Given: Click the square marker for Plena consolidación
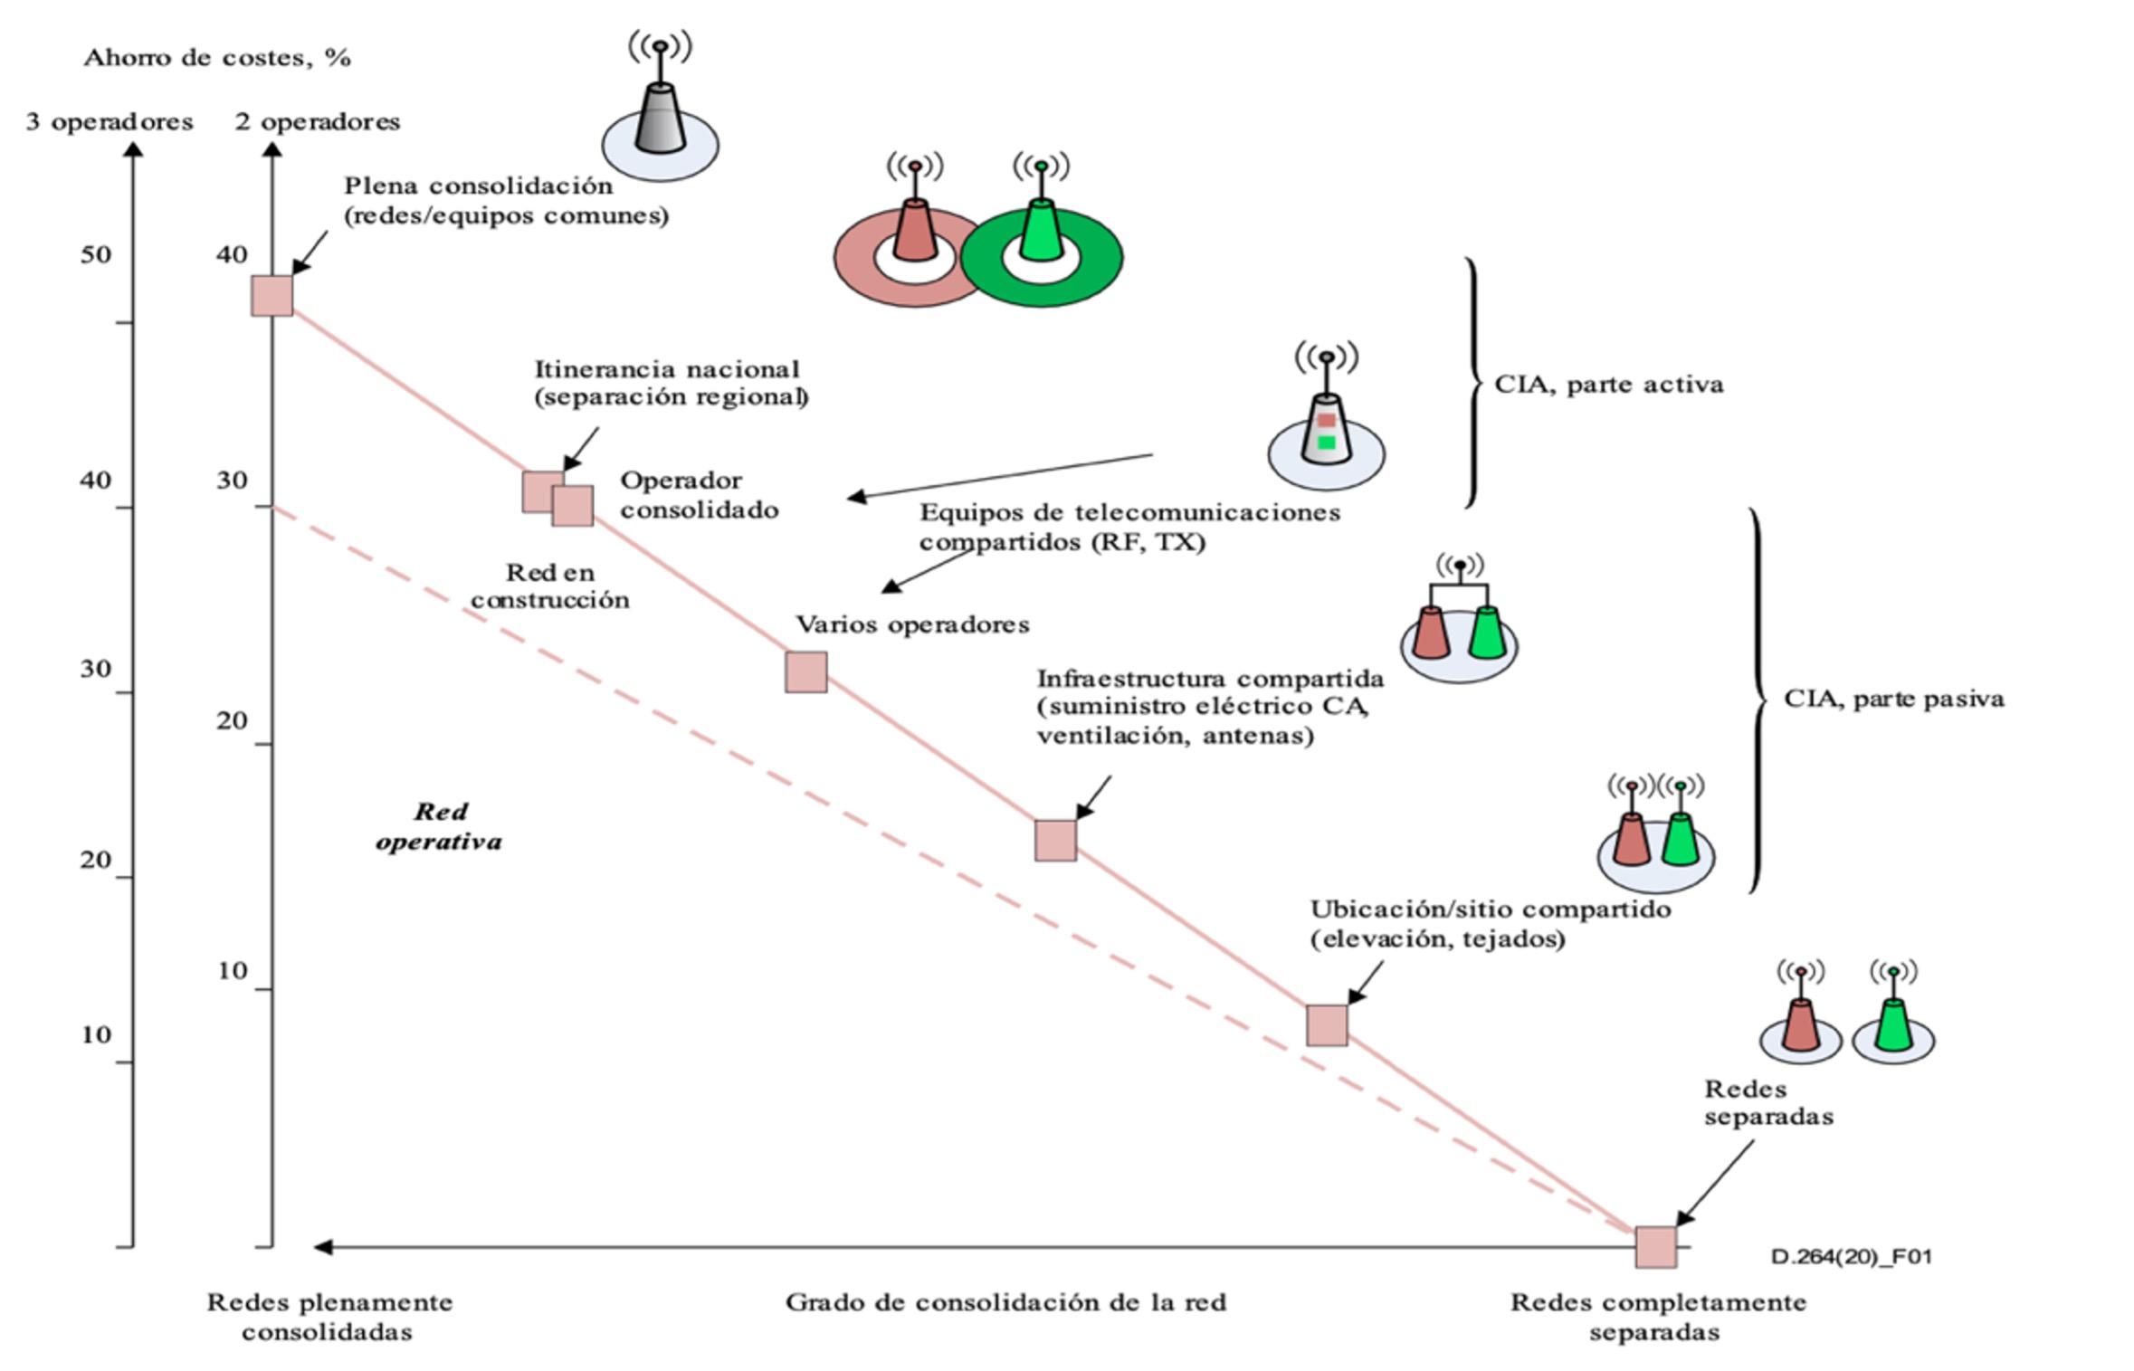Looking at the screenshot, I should coord(272,296).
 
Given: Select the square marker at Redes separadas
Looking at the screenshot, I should coord(1655,1247).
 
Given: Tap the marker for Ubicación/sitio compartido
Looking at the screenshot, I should coord(1327,1025).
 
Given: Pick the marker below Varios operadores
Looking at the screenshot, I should coord(805,672).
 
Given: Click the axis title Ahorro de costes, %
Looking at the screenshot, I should coord(217,58).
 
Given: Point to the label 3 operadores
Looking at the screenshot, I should coord(110,122).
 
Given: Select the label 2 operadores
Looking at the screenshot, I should coord(318,122).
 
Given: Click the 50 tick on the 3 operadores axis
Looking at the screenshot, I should coord(96,255).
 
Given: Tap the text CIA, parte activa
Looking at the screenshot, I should coord(1608,385).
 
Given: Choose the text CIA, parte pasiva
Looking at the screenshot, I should coord(1893,699).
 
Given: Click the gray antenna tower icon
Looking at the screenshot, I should coord(661,118).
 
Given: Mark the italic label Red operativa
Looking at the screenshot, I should coord(439,826).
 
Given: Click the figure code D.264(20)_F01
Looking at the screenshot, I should coord(1851,1256).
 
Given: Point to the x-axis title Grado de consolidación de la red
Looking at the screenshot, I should coord(1005,1302).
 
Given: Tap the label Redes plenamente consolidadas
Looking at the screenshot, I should coord(329,1317).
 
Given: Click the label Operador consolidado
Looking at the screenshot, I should coord(699,495).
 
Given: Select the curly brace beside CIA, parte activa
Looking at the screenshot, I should coord(1472,382).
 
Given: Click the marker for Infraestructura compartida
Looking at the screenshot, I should coord(1055,841).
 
